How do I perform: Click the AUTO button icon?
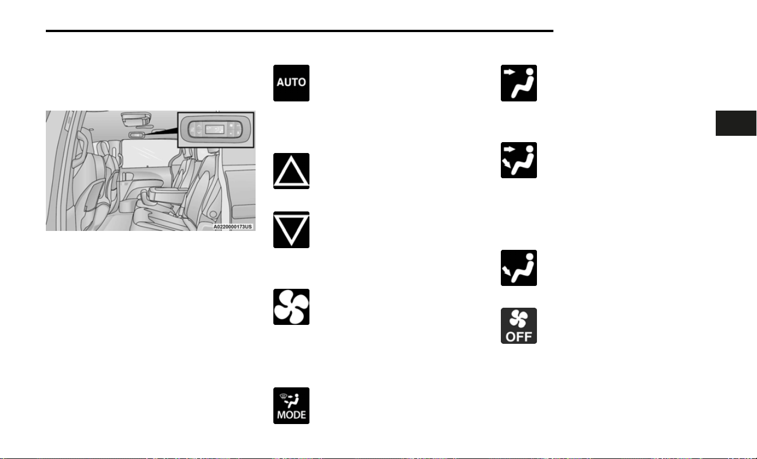291,83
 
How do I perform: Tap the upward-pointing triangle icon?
291,171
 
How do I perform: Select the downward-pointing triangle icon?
291,230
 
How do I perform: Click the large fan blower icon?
291,307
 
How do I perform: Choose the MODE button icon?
291,406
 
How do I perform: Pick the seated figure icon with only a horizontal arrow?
519,83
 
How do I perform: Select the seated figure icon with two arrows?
519,160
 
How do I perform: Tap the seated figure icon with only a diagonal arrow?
519,268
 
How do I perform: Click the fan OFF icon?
519,326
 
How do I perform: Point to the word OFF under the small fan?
519,336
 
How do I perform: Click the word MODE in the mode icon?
291,415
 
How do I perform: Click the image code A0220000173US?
233,226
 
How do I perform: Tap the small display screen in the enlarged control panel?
214,129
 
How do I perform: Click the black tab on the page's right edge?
736,123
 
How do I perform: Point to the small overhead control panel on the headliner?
136,135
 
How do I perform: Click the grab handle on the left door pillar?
82,149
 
